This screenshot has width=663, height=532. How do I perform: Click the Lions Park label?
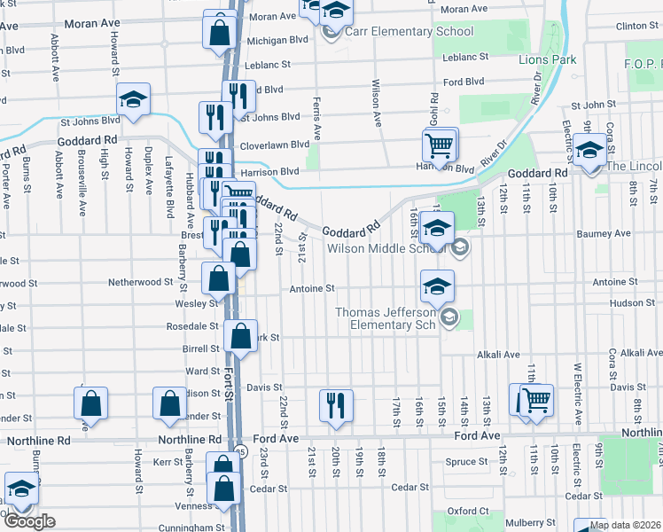[x=547, y=60]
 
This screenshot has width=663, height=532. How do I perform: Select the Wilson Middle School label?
[x=386, y=249]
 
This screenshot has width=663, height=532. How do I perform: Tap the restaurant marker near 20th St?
[x=335, y=404]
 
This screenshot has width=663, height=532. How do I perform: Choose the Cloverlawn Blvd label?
[x=274, y=145]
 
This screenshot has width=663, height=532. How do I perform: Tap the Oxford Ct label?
[x=468, y=511]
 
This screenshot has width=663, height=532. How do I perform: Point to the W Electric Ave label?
[x=577, y=393]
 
